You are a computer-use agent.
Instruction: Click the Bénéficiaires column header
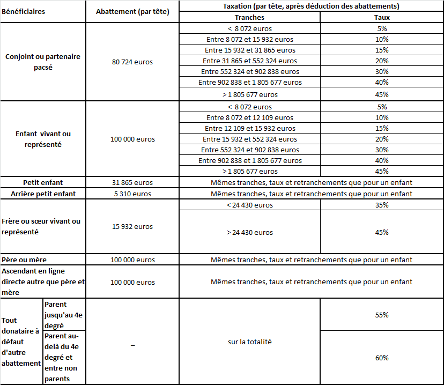point(23,11)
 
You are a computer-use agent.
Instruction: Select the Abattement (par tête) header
point(132,12)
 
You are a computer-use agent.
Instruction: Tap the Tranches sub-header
point(249,17)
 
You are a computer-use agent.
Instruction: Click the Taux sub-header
point(382,17)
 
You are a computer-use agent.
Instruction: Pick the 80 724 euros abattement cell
point(132,62)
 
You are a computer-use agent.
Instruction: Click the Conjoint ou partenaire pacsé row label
point(43,62)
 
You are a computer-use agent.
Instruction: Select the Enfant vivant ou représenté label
point(43,139)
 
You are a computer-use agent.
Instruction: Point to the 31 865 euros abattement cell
point(132,183)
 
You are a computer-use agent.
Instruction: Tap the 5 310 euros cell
point(132,194)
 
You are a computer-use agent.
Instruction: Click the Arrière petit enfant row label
point(43,194)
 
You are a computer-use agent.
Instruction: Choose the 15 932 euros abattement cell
point(132,226)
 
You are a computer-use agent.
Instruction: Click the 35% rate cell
point(382,205)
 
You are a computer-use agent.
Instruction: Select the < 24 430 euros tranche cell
point(249,205)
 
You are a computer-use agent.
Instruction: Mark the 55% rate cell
point(382,315)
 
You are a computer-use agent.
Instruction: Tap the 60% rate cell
point(382,358)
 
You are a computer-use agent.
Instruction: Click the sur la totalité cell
point(249,342)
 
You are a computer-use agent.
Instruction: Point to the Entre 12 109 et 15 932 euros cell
point(249,128)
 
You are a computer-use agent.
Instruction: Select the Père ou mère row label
point(24,260)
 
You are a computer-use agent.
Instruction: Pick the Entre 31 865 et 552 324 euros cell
point(249,61)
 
